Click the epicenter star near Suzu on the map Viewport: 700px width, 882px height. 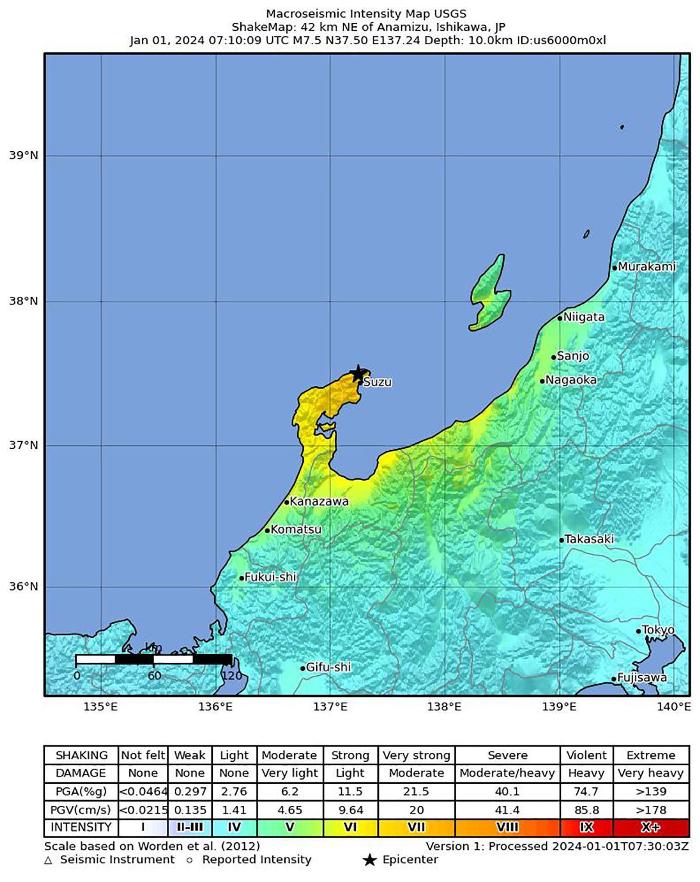[358, 373]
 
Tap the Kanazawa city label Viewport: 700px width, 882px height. [318, 501]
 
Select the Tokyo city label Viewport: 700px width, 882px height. [658, 630]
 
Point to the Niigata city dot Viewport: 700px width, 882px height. [560, 318]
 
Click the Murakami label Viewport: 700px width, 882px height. [647, 267]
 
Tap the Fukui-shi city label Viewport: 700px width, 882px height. [270, 577]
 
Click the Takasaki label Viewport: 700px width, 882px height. [589, 539]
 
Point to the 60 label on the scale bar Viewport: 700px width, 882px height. [154, 675]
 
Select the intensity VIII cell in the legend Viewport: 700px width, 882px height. [507, 827]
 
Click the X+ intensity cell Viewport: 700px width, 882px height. [650, 827]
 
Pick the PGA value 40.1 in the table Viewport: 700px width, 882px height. [507, 792]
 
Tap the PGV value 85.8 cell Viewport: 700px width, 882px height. [586, 810]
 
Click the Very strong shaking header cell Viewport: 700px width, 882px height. [416, 755]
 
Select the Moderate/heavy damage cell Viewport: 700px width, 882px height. [507, 773]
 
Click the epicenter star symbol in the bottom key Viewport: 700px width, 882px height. [370, 860]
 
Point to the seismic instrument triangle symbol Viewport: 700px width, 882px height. [48, 860]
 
